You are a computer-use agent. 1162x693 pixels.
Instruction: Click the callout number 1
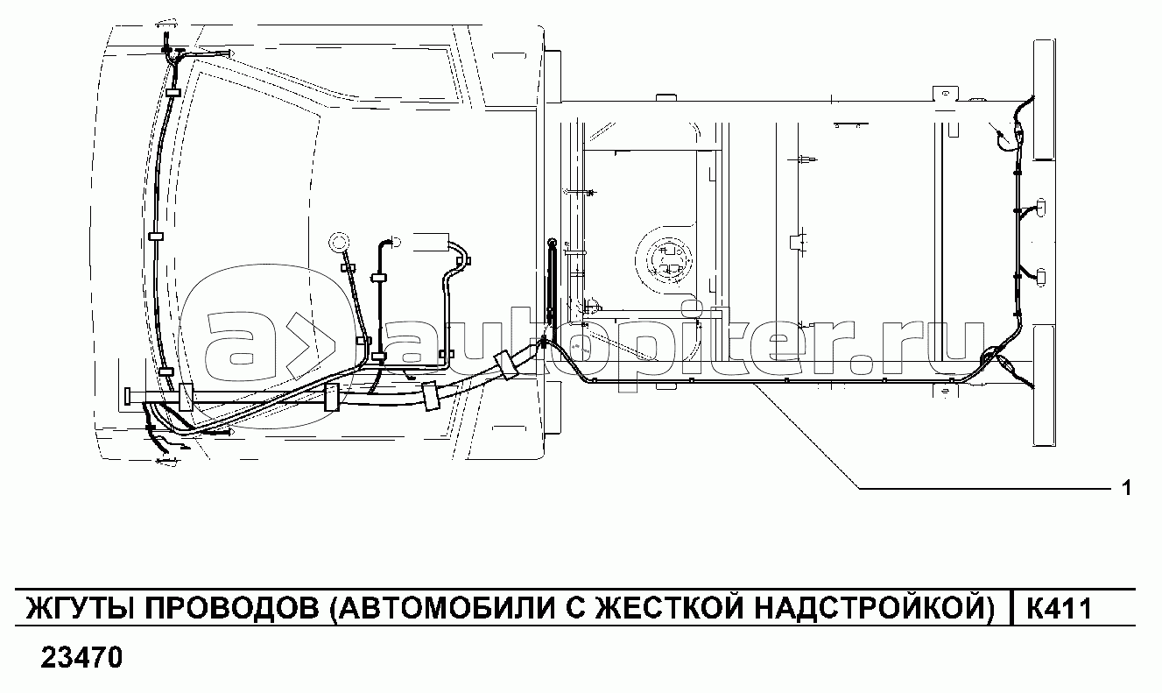[x=1126, y=488]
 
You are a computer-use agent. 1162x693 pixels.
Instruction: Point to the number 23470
[x=81, y=657]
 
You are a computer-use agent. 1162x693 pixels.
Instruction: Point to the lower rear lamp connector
[x=1039, y=276]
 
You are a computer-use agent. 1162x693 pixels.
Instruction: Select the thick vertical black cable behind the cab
[x=552, y=280]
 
